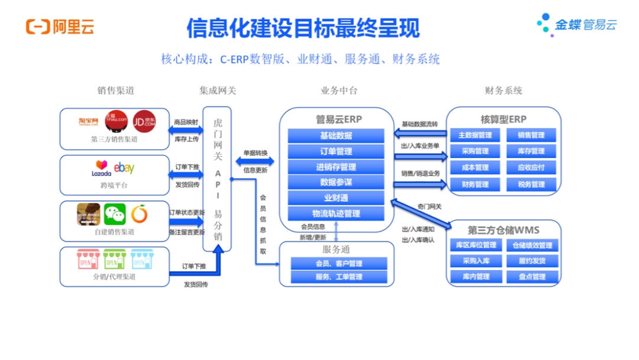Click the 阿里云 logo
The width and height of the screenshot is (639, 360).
(x=60, y=27)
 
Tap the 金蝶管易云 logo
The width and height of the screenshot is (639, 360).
(x=577, y=25)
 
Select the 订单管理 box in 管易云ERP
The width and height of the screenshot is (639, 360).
(x=335, y=151)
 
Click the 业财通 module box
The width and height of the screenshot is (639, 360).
(x=335, y=198)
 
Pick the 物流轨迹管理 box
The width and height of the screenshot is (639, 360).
(x=335, y=213)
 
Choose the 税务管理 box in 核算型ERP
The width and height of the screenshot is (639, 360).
(x=531, y=184)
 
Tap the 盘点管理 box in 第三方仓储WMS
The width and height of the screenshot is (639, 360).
(x=531, y=277)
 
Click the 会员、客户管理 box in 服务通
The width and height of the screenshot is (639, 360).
(x=338, y=263)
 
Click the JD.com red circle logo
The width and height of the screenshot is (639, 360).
(x=143, y=121)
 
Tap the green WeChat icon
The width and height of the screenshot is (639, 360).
(x=115, y=214)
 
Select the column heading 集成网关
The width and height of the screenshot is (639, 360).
(x=217, y=91)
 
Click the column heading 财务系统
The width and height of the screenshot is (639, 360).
(x=504, y=91)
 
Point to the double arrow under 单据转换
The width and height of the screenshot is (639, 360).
(x=255, y=161)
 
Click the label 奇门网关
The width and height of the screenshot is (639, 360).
(x=429, y=207)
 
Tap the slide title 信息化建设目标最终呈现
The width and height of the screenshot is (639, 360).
(x=303, y=27)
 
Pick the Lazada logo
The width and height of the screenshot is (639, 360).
(x=101, y=169)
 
